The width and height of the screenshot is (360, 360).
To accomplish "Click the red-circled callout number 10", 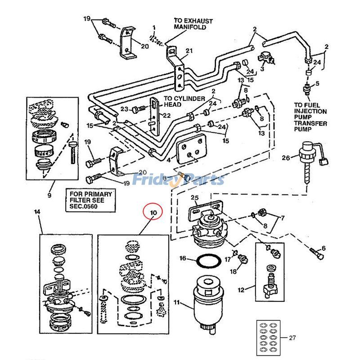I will coord(153,212).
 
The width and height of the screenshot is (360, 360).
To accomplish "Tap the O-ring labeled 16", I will coord(208,261).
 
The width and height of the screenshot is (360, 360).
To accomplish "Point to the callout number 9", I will coord(49,195).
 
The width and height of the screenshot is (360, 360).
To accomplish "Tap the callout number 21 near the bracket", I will coord(189,50).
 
